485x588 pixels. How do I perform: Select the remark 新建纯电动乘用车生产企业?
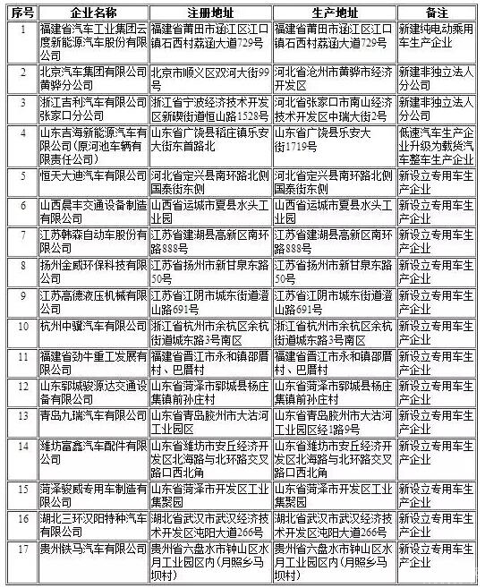[x=434, y=38]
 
